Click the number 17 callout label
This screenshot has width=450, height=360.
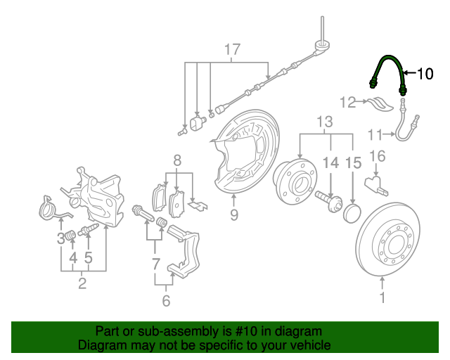click(x=232, y=50)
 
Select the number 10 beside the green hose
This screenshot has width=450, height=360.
click(x=425, y=73)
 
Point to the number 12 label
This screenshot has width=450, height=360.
click(x=348, y=103)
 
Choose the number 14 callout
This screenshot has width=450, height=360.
click(x=330, y=163)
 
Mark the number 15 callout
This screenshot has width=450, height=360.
click(x=353, y=163)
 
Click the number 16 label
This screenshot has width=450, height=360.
click(x=377, y=156)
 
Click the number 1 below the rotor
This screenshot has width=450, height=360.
click(x=383, y=298)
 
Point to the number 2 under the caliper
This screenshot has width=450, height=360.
click(x=82, y=285)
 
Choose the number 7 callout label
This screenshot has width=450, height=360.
click(x=156, y=264)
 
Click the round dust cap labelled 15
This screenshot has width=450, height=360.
click(x=350, y=212)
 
